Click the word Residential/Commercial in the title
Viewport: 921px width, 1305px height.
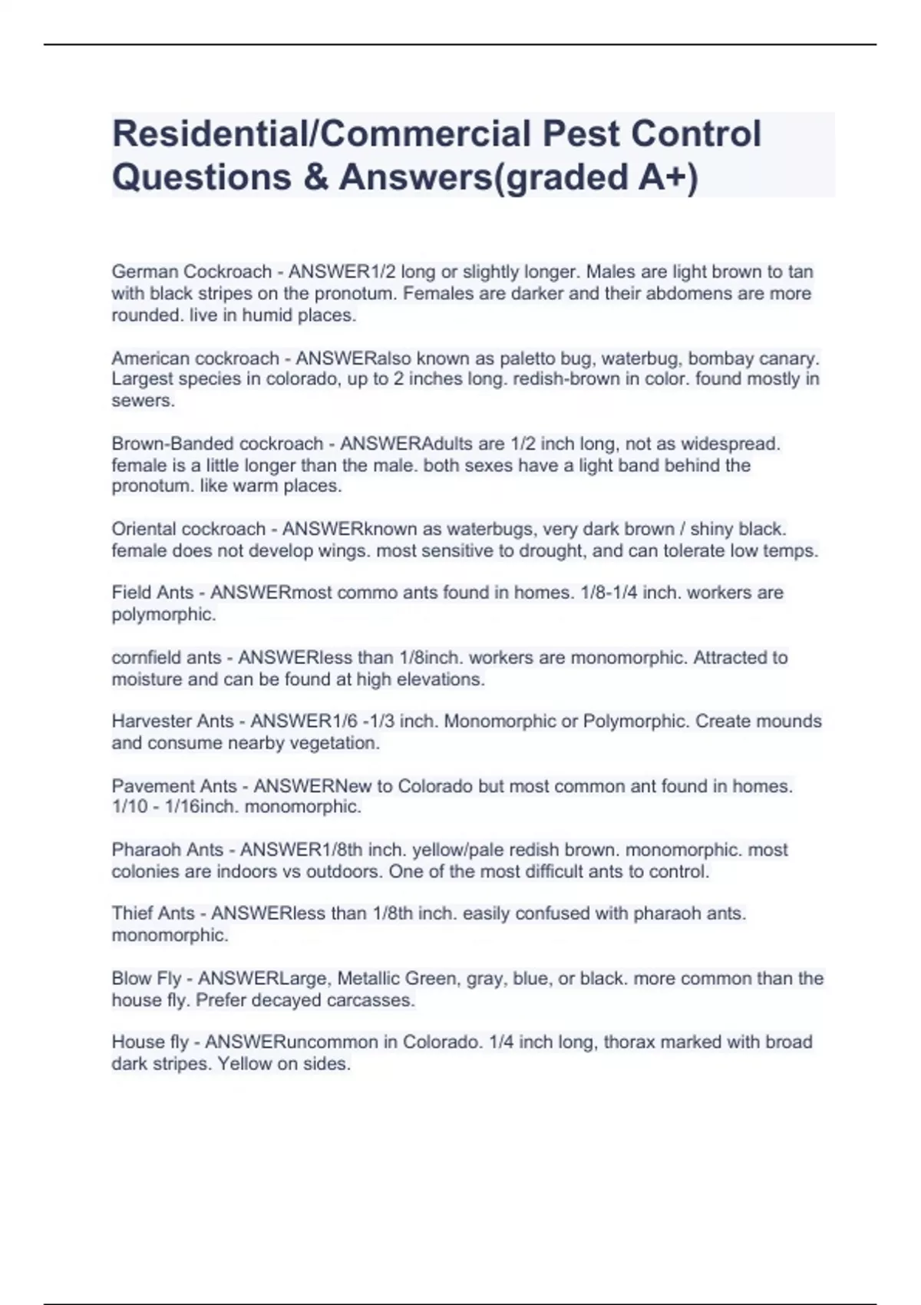pyautogui.click(x=322, y=134)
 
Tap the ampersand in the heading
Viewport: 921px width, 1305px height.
pyautogui.click(x=314, y=177)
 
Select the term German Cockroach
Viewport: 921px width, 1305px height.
pyautogui.click(x=191, y=272)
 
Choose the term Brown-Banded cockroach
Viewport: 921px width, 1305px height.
pyautogui.click(x=217, y=444)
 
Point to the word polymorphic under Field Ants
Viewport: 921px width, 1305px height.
pyautogui.click(x=163, y=614)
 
